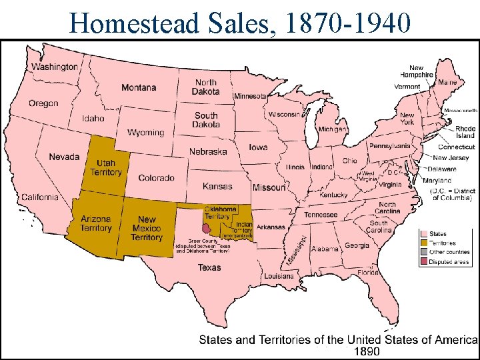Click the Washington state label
click(55, 67)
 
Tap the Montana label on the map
click(139, 87)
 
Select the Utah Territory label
click(106, 168)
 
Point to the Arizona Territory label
click(96, 223)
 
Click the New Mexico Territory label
click(147, 228)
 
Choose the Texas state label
click(209, 267)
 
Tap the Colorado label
click(156, 178)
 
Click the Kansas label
click(217, 187)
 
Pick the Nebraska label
click(208, 151)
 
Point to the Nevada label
click(64, 157)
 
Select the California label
click(39, 197)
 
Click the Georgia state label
click(357, 245)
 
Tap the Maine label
click(447, 82)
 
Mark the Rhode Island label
click(465, 132)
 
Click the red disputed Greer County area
click(207, 229)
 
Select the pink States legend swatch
click(423, 234)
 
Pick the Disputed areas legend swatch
click(423, 262)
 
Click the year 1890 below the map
click(367, 351)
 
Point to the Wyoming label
click(145, 132)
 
